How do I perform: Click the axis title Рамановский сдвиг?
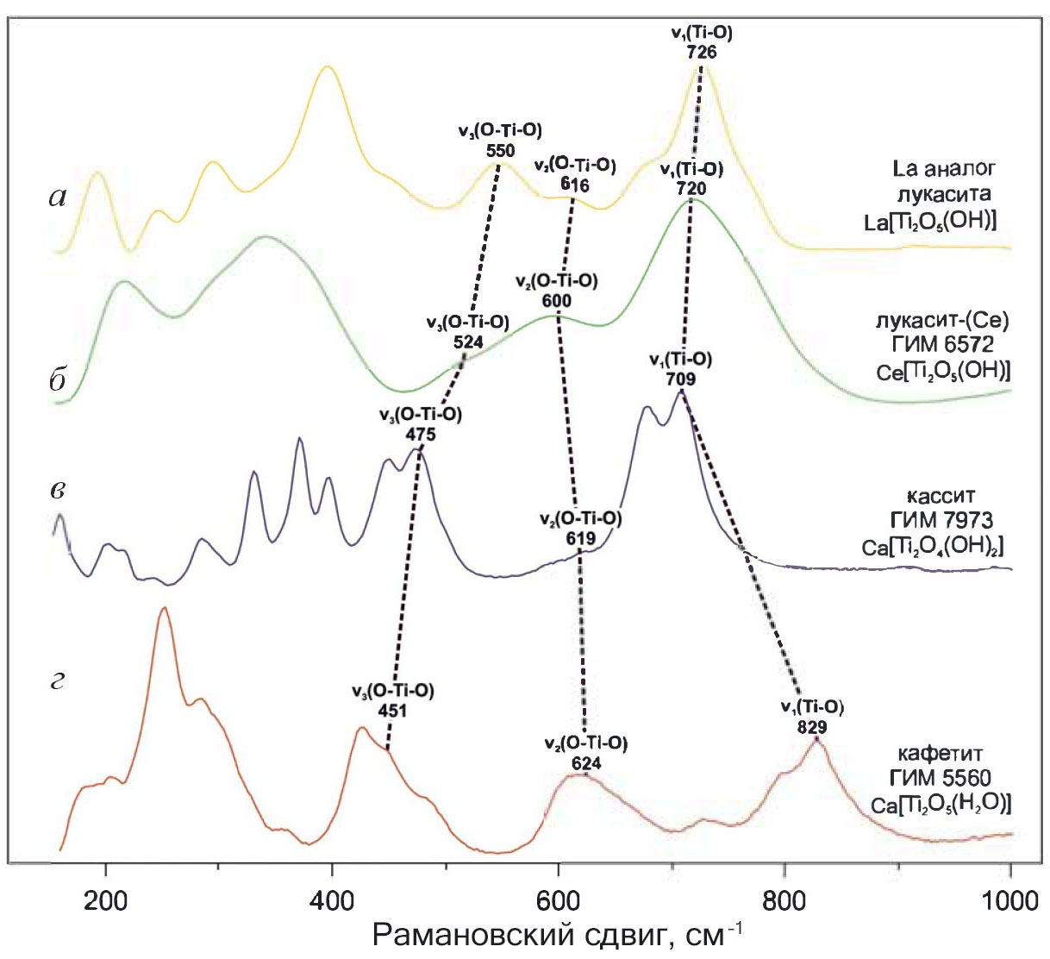pyautogui.click(x=557, y=936)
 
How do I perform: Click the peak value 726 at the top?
pyautogui.click(x=702, y=52)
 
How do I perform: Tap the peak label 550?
pyautogui.click(x=500, y=150)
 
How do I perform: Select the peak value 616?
pyautogui.click(x=574, y=185)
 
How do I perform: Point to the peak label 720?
pyautogui.click(x=691, y=189)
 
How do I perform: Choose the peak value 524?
pyautogui.click(x=468, y=342)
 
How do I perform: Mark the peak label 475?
pyautogui.click(x=421, y=435)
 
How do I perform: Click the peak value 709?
pyautogui.click(x=680, y=379)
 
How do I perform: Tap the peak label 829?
pyautogui.click(x=812, y=727)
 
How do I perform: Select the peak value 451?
pyautogui.click(x=392, y=711)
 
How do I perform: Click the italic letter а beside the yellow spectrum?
pyautogui.click(x=58, y=197)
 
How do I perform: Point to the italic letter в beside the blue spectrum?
pyautogui.click(x=58, y=489)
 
